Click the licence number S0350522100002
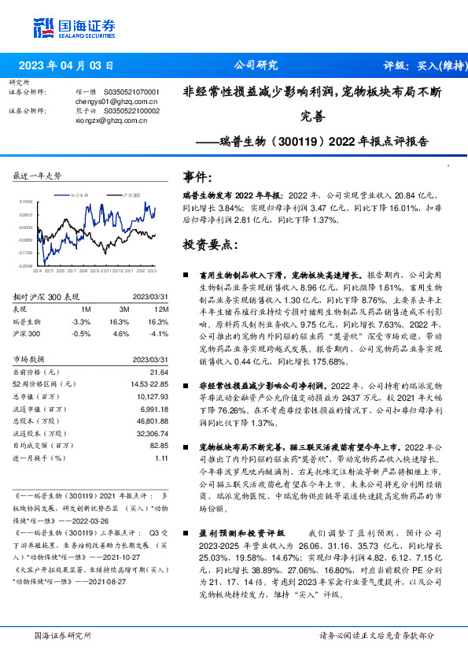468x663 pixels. coord(126,111)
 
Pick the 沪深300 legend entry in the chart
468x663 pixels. coord(132,192)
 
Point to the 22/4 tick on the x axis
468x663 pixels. coord(36,272)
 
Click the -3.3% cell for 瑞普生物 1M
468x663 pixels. coord(81,322)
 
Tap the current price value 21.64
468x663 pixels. coord(160,371)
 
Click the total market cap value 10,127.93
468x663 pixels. coord(153,396)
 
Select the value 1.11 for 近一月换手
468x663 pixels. coord(162,458)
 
